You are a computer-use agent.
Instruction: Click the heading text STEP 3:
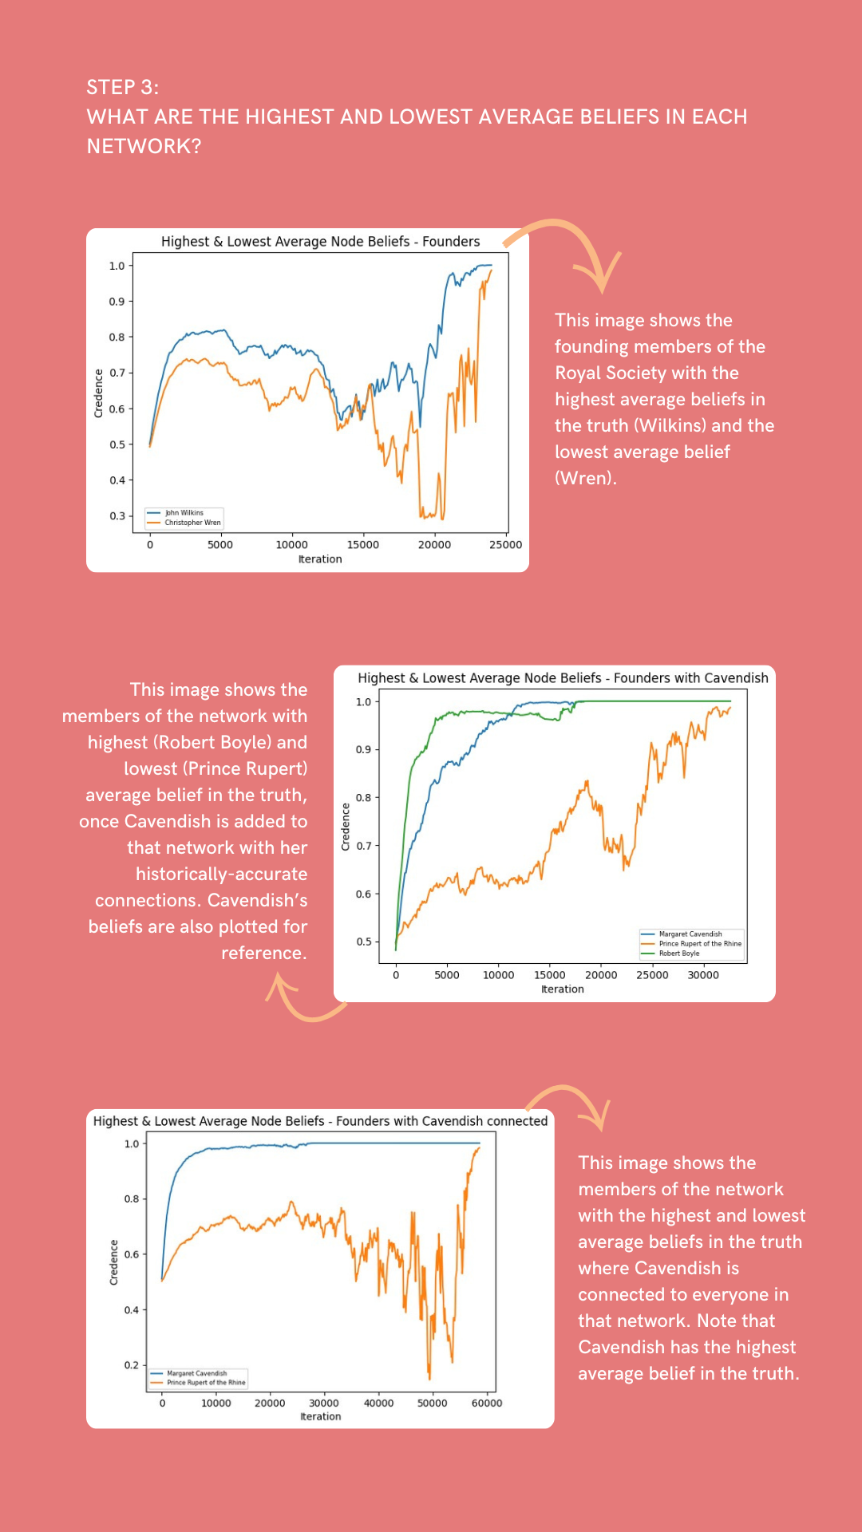pos(122,87)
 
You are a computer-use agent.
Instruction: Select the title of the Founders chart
pos(320,241)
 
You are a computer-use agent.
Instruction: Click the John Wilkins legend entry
pos(184,513)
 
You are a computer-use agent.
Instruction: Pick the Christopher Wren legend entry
pos(192,523)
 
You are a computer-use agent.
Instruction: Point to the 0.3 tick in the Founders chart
pos(117,515)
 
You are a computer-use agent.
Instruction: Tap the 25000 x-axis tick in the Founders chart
pos(505,545)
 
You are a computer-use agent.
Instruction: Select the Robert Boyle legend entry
pos(678,954)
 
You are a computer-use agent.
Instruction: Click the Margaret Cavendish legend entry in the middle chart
pos(690,934)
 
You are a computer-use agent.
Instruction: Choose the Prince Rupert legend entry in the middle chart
pos(699,943)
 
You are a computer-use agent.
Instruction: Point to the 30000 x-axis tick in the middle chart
pos(703,975)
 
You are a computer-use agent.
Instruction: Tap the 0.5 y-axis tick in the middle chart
pos(364,942)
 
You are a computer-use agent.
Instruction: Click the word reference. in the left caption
pos(263,953)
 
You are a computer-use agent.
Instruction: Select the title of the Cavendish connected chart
pos(320,1120)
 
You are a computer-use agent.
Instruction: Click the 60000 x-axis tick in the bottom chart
pos(487,1404)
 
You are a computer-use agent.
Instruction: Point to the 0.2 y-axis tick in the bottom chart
pos(132,1365)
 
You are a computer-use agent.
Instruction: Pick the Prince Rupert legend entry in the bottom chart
pos(205,1383)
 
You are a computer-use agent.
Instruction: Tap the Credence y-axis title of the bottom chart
pos(114,1262)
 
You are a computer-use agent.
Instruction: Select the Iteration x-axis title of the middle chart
pos(563,989)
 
